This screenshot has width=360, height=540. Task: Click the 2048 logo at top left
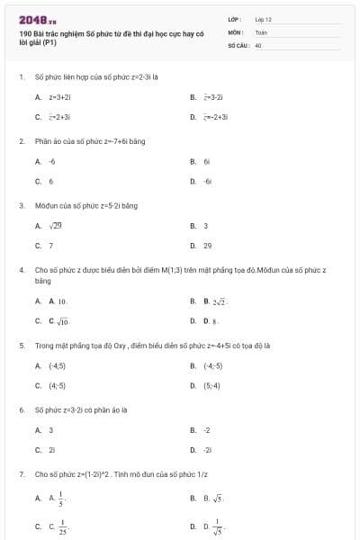36,19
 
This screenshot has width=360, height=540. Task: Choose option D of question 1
214,117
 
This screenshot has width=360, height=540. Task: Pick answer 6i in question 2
206,161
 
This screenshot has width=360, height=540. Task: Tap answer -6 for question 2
51,161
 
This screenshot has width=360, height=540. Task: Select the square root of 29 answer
55,226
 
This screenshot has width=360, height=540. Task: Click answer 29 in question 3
207,245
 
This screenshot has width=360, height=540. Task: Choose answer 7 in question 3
50,245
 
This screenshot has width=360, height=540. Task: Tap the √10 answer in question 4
59,321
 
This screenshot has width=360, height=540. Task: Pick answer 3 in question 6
50,430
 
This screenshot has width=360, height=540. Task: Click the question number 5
21,345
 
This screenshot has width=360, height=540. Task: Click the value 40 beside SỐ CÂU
258,44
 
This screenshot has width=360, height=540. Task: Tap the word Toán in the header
261,31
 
